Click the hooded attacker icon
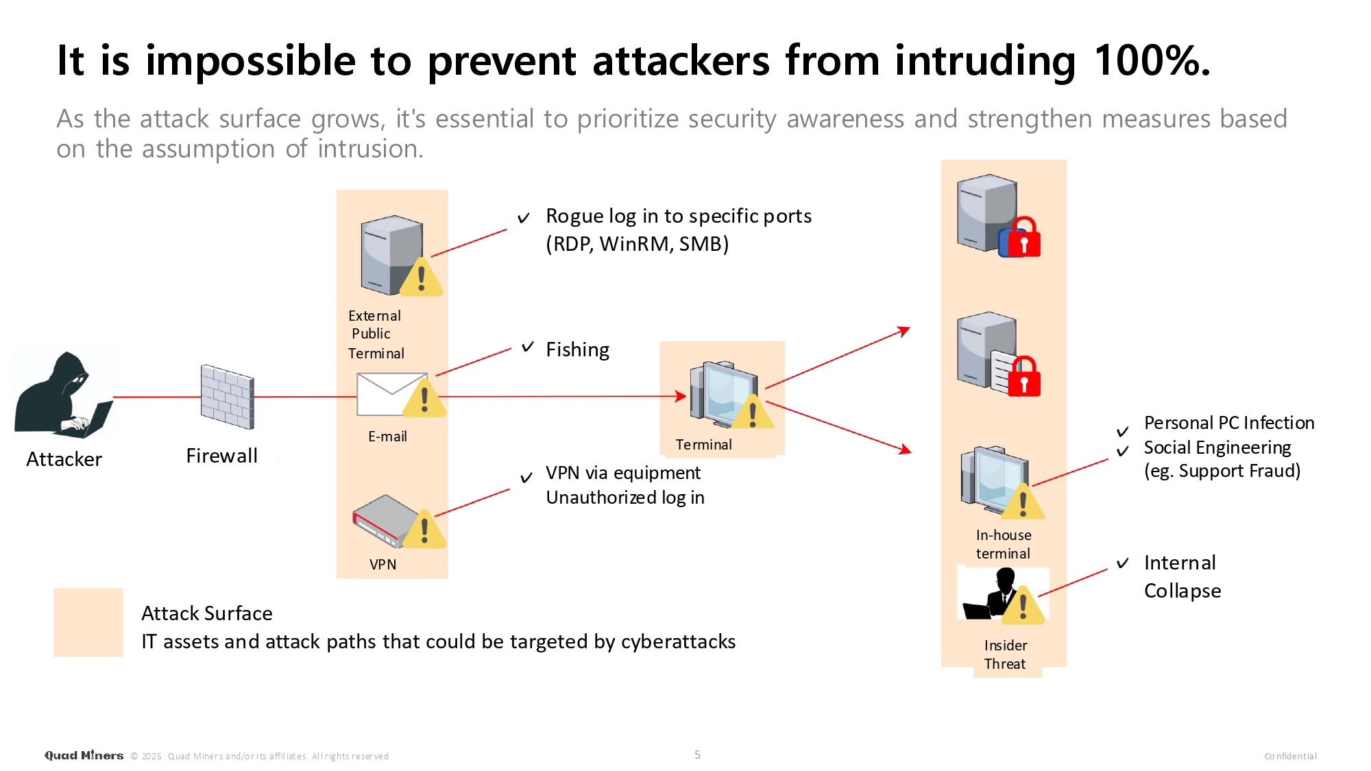coord(64,395)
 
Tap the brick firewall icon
coord(227,397)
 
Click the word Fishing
coord(577,350)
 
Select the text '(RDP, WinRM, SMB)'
coord(637,244)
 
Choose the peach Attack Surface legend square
coord(88,622)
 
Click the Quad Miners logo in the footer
coord(84,755)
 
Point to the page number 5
coord(697,755)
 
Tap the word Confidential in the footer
coord(1290,756)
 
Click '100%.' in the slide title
coord(1152,60)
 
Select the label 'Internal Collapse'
coord(1182,576)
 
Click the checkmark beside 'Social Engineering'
coord(1123,451)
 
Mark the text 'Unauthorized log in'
coord(625,498)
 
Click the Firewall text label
coord(221,456)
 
